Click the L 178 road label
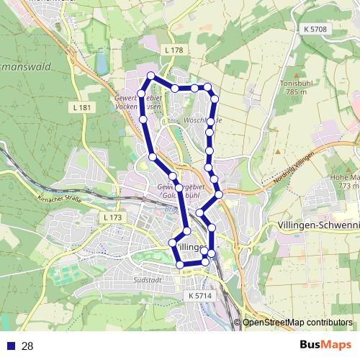[x=174, y=50]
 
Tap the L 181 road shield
[x=84, y=107]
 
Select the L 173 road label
[x=112, y=217]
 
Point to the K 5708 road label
[x=315, y=29]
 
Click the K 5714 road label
[x=201, y=295]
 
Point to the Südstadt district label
[x=147, y=279]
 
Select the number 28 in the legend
[x=27, y=346]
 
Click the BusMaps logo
[x=325, y=346]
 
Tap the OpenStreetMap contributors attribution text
[x=297, y=323]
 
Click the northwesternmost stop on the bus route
[x=150, y=76]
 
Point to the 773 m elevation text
[x=349, y=186]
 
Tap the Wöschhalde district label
[x=204, y=120]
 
